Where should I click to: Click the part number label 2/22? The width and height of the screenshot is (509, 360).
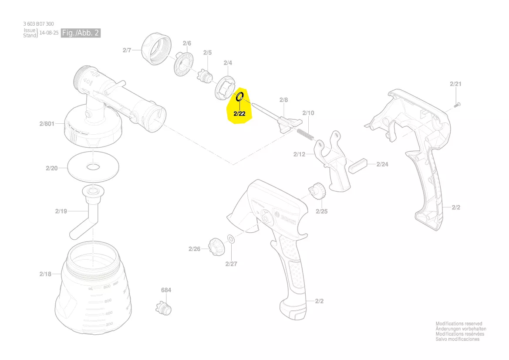(239, 114)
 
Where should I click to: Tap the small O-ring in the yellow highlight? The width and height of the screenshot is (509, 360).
(239, 97)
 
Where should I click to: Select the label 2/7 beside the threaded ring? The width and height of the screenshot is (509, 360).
(126, 51)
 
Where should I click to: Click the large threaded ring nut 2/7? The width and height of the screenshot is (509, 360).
(156, 49)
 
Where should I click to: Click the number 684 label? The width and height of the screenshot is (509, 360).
(166, 290)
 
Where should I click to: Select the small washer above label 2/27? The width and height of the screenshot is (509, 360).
(231, 239)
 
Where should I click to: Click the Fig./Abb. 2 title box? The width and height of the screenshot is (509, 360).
(81, 33)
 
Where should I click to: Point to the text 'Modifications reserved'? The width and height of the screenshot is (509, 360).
(459, 324)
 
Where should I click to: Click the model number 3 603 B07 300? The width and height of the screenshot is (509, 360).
(39, 24)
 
